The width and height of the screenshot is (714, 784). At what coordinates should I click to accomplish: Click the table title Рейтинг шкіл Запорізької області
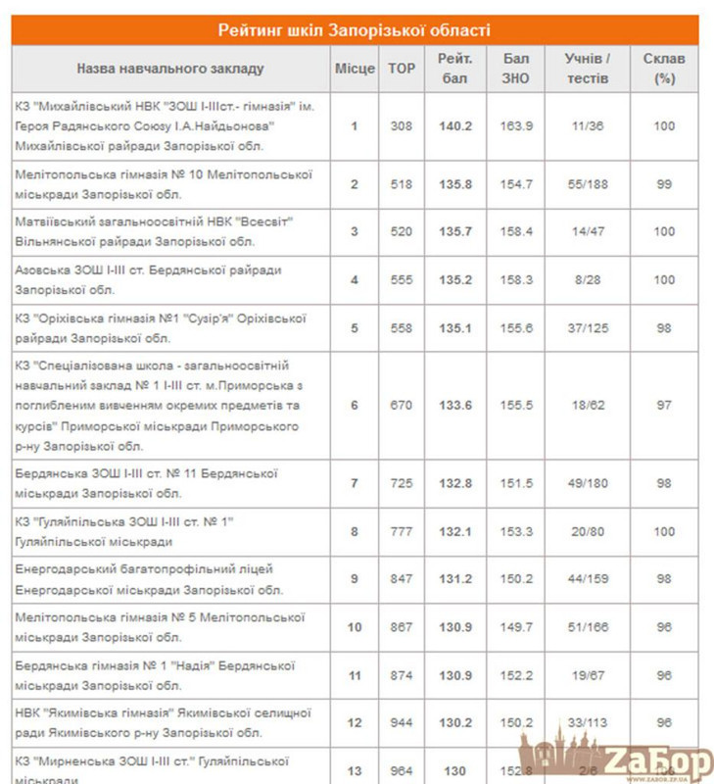pos(355,29)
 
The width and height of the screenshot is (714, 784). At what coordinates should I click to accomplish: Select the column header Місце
pos(355,70)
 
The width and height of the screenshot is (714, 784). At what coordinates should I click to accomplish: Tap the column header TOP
pos(401,70)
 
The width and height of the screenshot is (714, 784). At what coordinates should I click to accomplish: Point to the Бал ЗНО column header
pos(515,69)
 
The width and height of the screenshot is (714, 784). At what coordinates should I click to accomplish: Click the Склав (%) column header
pos(664,69)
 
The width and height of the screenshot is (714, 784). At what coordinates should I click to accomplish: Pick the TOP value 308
pos(401,126)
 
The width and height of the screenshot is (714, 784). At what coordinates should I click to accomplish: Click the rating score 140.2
pos(455,126)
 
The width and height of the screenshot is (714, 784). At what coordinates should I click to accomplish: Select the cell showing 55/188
pos(588,184)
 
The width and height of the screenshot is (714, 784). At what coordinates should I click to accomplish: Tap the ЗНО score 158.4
pos(515,231)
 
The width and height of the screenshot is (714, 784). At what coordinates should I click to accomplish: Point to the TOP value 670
pos(401,406)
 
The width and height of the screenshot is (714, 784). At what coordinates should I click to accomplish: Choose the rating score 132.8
pos(455,484)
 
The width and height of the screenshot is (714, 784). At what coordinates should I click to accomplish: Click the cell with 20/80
pos(588,532)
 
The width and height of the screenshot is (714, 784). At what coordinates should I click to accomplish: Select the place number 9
pos(355,579)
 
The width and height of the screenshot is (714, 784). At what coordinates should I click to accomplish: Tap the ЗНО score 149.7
pos(515,627)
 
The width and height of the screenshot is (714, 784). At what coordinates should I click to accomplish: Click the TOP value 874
pos(401,675)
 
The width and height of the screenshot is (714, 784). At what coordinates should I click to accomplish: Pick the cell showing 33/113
pos(588,723)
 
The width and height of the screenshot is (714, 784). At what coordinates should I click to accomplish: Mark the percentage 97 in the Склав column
pos(664,406)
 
